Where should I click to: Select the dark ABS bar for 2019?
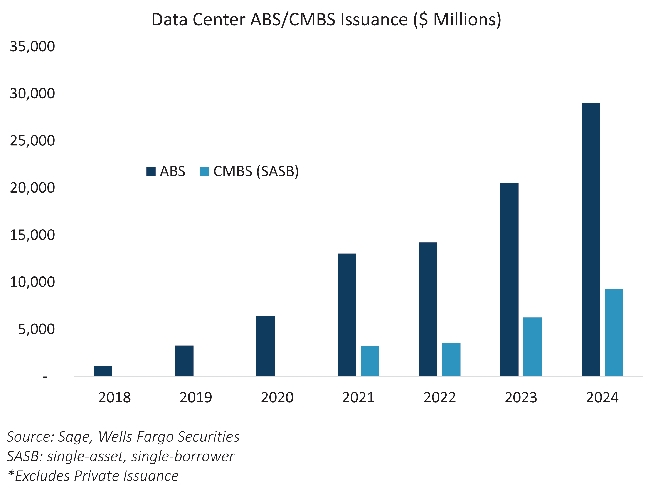coord(184,361)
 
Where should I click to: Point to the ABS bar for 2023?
coord(509,279)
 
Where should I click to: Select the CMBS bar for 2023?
coord(533,346)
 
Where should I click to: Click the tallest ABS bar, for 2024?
coord(591,239)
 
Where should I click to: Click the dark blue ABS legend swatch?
coord(151,171)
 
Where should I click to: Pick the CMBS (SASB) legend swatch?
coord(205,171)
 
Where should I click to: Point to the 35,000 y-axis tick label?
coord(32,47)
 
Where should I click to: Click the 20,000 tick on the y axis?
coord(32,188)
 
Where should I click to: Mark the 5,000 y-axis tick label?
coord(36,329)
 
